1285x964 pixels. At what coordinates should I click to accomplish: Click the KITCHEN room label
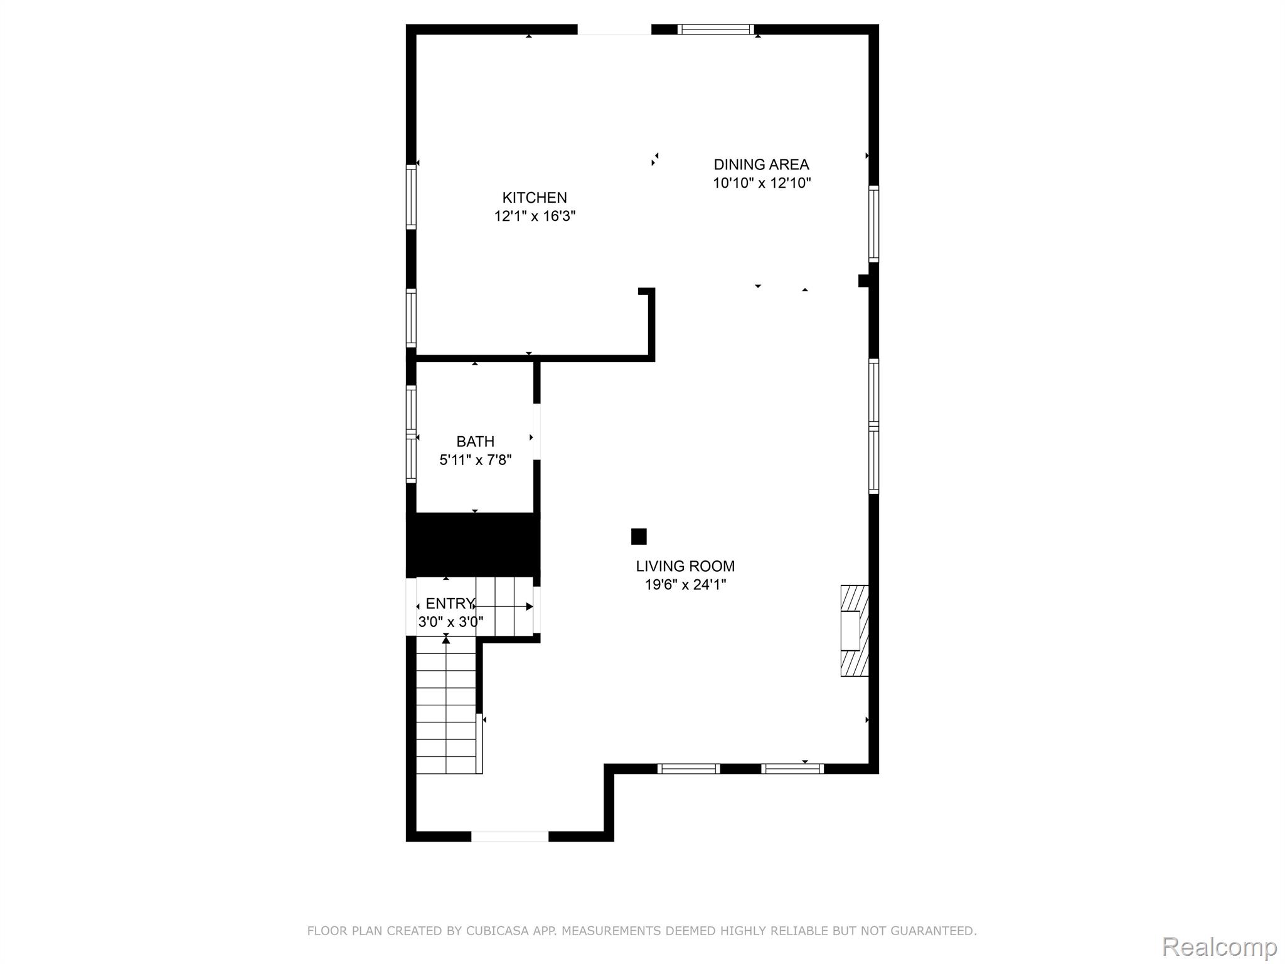click(535, 198)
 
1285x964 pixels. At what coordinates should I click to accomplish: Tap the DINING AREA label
click(761, 164)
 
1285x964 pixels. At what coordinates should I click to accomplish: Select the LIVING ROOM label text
click(685, 566)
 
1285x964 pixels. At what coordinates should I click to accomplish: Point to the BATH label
click(475, 441)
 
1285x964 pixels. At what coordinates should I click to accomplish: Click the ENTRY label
click(450, 603)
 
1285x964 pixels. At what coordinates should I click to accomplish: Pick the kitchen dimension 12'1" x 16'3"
click(535, 217)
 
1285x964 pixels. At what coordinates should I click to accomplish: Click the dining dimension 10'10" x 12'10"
click(762, 183)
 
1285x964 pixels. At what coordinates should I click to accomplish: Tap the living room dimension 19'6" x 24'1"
click(685, 585)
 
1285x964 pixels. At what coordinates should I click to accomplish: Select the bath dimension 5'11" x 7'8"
click(475, 460)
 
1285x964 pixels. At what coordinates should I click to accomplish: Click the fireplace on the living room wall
click(855, 631)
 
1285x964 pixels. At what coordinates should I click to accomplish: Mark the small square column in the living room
click(639, 537)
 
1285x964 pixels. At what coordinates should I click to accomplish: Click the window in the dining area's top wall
click(716, 29)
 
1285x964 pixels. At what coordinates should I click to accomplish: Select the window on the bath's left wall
click(411, 434)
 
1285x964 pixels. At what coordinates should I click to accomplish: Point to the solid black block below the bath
click(473, 545)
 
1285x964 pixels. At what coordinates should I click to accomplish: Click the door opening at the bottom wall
click(509, 836)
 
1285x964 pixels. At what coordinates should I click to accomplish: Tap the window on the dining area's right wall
click(873, 223)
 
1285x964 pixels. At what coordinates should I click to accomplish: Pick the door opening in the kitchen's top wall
click(614, 29)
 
